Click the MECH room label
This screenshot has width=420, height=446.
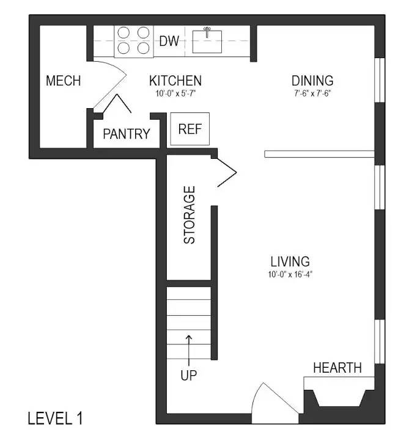click(63, 81)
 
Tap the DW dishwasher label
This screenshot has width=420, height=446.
click(169, 41)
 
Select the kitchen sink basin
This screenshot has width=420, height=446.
click(207, 42)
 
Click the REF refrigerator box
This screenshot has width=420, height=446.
click(190, 129)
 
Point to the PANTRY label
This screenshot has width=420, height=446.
click(127, 134)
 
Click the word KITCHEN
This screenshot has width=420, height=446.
click(175, 81)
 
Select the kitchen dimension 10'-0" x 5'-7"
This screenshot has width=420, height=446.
click(175, 93)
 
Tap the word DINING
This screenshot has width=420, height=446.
click(312, 81)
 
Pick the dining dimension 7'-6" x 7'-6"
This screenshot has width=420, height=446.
click(312, 93)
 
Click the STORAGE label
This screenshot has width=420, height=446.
click(190, 214)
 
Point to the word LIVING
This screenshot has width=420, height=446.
click(290, 261)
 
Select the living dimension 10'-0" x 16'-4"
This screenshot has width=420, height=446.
click(290, 274)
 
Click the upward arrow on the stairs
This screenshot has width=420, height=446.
click(189, 350)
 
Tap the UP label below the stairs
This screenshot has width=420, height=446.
click(189, 376)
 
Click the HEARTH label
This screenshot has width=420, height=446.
click(337, 368)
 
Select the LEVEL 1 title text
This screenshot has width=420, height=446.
click(55, 419)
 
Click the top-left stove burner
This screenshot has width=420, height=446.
click(123, 32)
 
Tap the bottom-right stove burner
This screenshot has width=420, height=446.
click(144, 48)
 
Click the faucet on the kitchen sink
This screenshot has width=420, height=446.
click(207, 32)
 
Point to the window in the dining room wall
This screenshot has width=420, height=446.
click(380, 80)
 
